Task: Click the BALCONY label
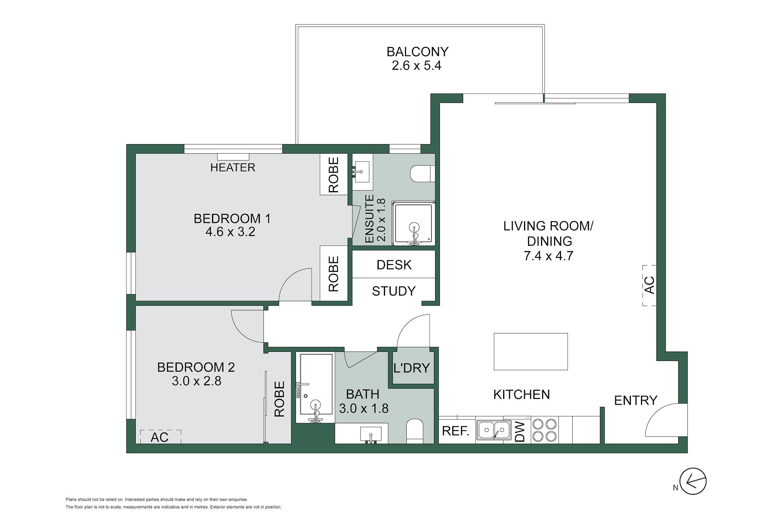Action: pos(417,52)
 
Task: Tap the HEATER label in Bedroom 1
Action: pos(233,167)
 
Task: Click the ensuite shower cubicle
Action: pos(414,224)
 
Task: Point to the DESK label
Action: pos(394,265)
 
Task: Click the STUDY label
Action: pos(394,291)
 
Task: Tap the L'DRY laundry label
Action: pos(412,367)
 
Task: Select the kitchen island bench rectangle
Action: pos(530,351)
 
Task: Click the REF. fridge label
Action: pos(456,431)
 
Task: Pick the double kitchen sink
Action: pos(494,430)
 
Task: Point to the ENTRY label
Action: pos(636,400)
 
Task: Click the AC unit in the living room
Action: pos(649,285)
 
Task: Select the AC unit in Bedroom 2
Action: pos(161,436)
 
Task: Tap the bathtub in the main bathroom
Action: pos(315,388)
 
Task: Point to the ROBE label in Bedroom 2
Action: pos(279,398)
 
